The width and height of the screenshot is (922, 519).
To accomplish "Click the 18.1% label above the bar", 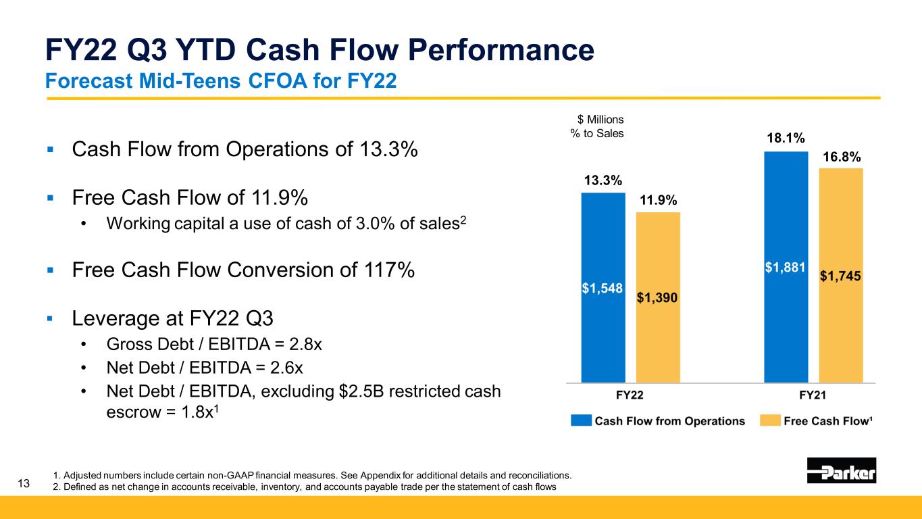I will pos(786,139).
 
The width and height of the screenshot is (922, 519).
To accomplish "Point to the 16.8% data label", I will pos(842,157).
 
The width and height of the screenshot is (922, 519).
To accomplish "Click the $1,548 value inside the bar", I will pos(603,287).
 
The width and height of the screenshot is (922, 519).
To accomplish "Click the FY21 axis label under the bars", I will pos(813,394).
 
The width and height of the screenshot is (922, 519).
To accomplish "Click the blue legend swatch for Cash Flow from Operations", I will pos(580,421).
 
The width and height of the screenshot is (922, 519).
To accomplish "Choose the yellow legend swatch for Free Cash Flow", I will pos(769,421).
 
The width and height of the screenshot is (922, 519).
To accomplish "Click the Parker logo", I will pos(841,470).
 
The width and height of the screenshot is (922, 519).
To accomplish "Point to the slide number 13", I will pos(24,483).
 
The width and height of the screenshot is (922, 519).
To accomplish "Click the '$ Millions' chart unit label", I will pos(598,120).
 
